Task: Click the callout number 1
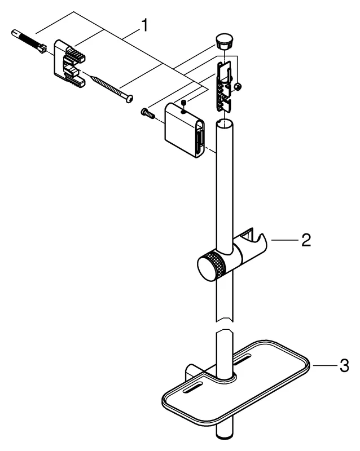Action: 145,26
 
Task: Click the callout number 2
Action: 305,241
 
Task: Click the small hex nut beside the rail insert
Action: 239,86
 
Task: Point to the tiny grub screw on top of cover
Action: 183,103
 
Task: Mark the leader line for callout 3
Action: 324,366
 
